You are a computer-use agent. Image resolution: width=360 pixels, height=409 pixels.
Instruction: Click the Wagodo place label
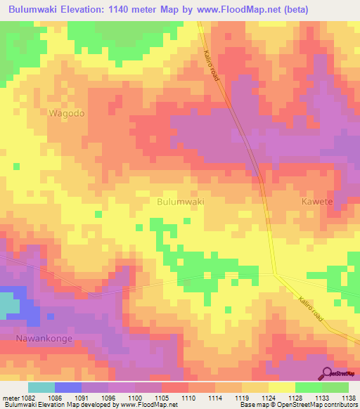tap(67, 113)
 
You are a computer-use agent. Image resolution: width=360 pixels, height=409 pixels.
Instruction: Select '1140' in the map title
tap(131, 9)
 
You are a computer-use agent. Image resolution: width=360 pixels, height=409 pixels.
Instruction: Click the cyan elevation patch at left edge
tap(8, 304)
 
